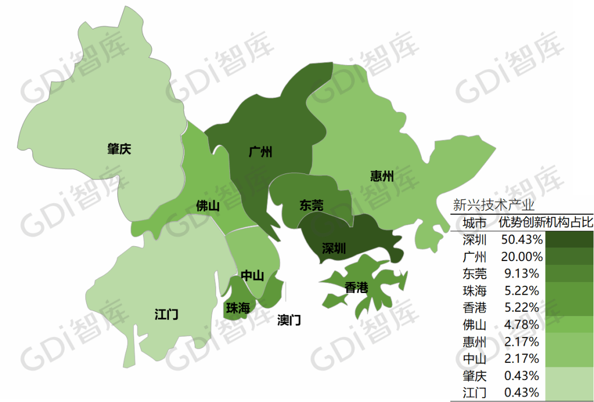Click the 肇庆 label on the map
click(119, 149)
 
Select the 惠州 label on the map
click(382, 176)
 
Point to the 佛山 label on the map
click(208, 207)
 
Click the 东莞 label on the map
click(311, 205)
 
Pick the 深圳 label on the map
click(334, 248)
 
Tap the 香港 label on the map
click(356, 287)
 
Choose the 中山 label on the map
click(252, 276)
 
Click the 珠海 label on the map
click(238, 308)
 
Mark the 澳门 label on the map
click(289, 320)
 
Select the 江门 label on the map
click(166, 315)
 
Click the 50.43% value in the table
click(522, 240)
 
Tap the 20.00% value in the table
click(522, 257)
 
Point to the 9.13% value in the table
click(522, 274)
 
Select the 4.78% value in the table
click(522, 325)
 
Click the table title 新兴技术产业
click(493, 205)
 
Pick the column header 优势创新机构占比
click(546, 223)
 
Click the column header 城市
click(475, 223)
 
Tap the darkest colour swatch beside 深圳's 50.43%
click(570, 240)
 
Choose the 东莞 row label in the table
click(475, 274)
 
